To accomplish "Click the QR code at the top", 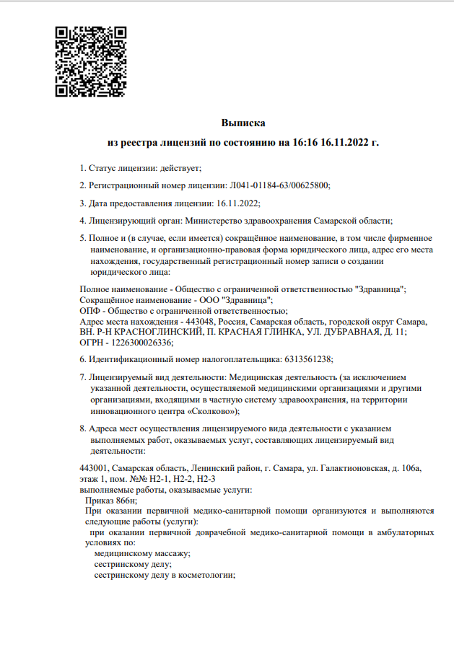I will click(91, 61).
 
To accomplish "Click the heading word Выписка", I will click(243, 123).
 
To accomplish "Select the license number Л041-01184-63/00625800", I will click(278, 185).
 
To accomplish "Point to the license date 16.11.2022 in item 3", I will click(237, 203).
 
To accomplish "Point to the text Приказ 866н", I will click(110, 500).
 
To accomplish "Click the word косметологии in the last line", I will click(209, 575).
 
